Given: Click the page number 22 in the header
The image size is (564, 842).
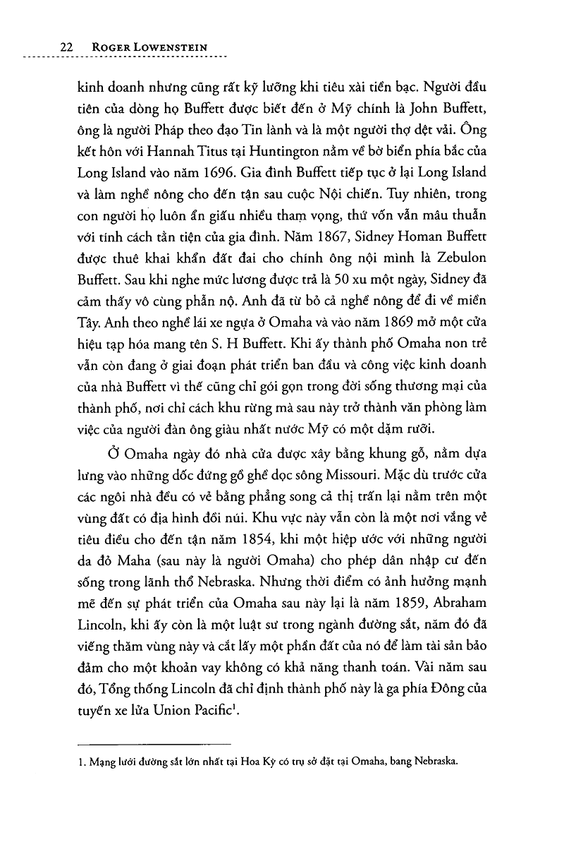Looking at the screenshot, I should (68, 47).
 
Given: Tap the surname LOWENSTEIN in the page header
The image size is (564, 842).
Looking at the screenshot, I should (183, 47).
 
